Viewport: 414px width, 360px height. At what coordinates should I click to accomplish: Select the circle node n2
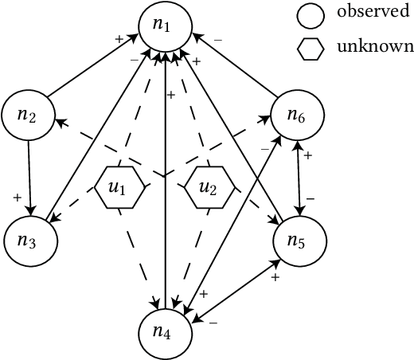28,115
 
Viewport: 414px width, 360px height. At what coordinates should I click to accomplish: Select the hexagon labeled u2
208,188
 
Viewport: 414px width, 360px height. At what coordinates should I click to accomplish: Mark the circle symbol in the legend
310,14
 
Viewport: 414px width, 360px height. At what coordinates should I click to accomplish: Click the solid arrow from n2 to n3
29,175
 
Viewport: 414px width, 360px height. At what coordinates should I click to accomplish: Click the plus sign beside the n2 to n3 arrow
16,195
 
